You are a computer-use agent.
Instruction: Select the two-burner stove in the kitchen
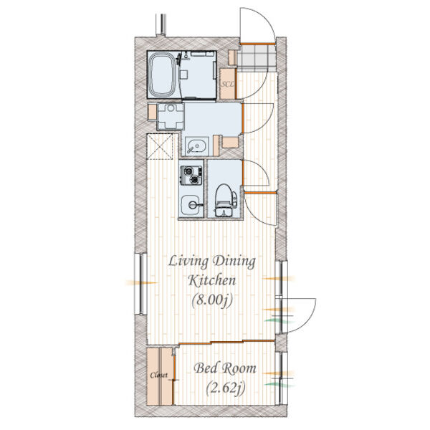point(191,176)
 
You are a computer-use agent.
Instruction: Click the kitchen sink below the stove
point(191,205)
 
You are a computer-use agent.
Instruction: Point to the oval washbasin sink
point(196,146)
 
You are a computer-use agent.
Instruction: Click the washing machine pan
point(171,116)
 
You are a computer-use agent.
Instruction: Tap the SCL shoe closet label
point(228,84)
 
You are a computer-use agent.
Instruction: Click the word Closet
point(159,375)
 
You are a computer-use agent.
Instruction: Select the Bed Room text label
point(225,368)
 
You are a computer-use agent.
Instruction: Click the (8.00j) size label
point(212,300)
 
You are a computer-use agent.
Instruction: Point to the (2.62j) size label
point(226,388)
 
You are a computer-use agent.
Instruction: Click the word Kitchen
point(212,280)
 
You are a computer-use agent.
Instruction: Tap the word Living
point(188,262)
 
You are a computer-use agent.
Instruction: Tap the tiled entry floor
point(256,58)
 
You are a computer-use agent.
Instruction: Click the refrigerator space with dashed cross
point(160,146)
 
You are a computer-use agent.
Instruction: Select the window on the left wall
point(141,284)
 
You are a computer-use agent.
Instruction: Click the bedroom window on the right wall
point(282,378)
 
